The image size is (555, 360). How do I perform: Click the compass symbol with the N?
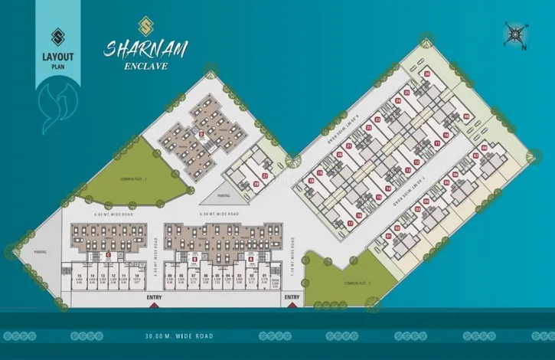point(515,34)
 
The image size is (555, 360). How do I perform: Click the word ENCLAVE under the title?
point(148,65)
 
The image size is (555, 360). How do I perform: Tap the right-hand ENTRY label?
point(292,296)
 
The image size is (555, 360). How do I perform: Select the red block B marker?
point(194,260)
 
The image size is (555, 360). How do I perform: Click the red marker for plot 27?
point(266,176)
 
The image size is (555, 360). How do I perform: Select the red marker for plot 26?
point(427,74)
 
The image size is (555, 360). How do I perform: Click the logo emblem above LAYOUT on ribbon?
point(56,37)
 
